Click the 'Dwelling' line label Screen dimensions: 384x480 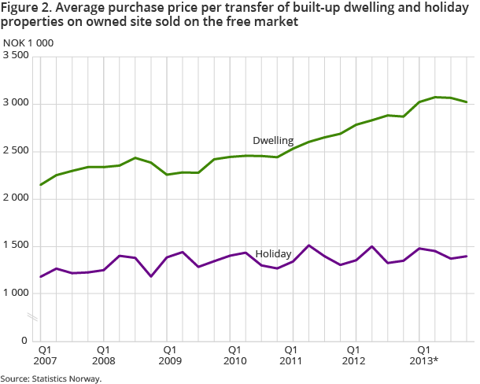(273, 141)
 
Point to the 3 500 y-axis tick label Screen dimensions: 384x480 (15, 57)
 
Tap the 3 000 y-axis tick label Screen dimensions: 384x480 (15, 104)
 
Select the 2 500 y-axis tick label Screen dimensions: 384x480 (15, 151)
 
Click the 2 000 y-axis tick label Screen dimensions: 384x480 (15, 198)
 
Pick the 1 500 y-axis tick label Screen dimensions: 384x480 (15, 246)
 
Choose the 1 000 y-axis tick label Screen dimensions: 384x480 (15, 294)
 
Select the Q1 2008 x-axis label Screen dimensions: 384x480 (104, 353)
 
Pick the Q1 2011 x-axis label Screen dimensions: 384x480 (291, 353)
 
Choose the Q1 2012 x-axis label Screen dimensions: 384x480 (354, 353)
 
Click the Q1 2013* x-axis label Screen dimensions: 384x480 (423, 353)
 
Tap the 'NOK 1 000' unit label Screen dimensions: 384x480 (28, 42)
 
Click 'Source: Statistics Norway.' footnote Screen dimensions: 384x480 (51, 378)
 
